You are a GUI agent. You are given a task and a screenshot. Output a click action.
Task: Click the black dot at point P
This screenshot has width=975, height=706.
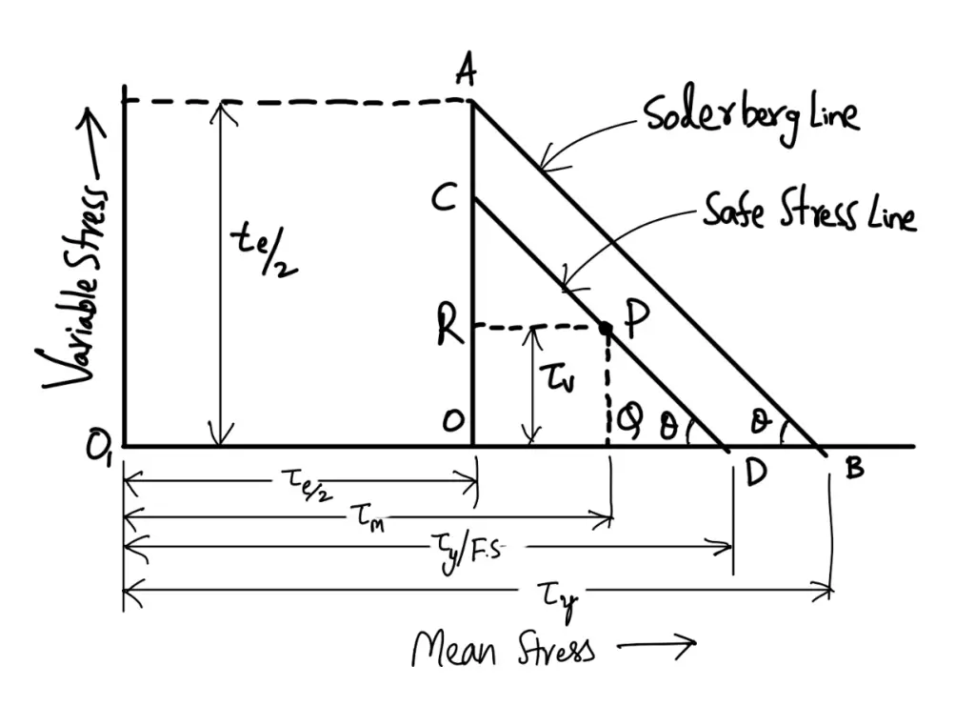[606, 328]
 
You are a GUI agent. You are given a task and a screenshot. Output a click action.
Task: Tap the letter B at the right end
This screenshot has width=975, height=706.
[854, 471]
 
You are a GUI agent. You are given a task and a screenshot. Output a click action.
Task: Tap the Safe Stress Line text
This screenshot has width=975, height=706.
[809, 212]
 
